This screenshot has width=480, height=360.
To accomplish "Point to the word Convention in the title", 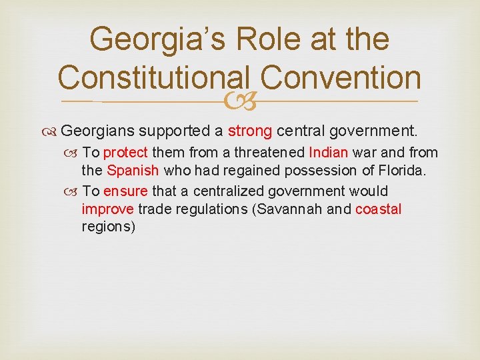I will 341,79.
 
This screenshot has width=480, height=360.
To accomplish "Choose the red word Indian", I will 329,153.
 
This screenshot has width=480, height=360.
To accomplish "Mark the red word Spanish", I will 133,171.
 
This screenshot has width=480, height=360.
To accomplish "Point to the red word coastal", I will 378,209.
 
